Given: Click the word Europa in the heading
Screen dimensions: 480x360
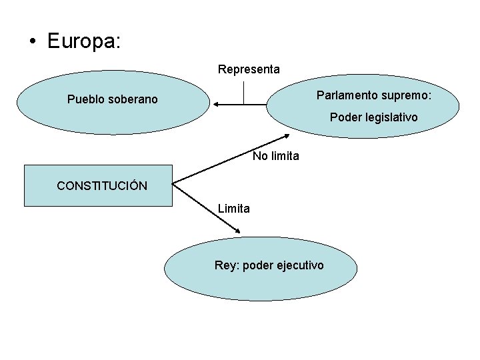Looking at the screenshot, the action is coord(83,41).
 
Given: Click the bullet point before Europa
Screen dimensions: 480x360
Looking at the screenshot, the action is coord(33,42).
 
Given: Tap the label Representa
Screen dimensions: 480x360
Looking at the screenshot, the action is coord(249,69).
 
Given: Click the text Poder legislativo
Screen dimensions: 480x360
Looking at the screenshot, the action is coord(374,117).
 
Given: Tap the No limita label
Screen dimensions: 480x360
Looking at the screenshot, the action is coord(276,157).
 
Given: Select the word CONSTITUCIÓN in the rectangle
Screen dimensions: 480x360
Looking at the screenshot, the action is coord(102,186).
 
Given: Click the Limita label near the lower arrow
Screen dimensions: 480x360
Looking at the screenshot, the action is coord(234,209).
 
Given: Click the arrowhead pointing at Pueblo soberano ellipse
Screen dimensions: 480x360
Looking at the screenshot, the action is coord(217,104).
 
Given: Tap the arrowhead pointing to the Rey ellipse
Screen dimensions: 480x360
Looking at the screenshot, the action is coord(237,231).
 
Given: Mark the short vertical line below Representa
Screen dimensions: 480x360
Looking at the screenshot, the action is coord(245,93).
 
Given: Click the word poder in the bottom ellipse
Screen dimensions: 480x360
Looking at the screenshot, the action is coord(257,265).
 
